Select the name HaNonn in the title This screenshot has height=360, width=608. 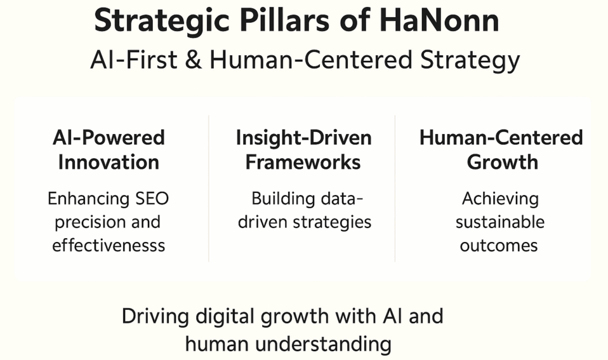pyautogui.click(x=439, y=21)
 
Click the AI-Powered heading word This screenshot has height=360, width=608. pyautogui.click(x=109, y=138)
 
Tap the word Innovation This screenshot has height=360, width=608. pyautogui.click(x=109, y=162)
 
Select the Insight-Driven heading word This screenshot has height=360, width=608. pyautogui.click(x=303, y=138)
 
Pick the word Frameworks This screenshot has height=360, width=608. pyautogui.click(x=303, y=162)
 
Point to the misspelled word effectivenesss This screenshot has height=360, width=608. pyautogui.click(x=109, y=245)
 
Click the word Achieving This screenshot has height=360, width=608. pyautogui.click(x=500, y=199)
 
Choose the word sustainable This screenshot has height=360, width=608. pyautogui.click(x=500, y=222)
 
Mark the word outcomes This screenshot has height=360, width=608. pyautogui.click(x=499, y=245)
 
